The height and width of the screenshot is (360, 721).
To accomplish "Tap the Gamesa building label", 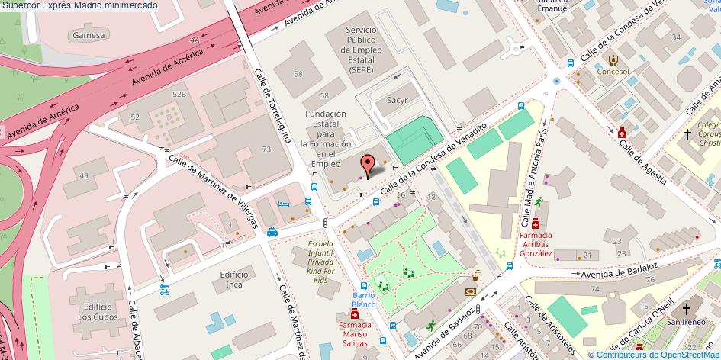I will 89,36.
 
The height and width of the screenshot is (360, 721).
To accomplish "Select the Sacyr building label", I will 398,100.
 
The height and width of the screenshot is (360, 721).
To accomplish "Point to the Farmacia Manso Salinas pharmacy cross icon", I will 354,313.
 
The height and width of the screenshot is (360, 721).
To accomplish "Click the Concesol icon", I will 613,60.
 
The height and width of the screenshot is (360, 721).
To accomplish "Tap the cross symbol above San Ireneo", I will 686,309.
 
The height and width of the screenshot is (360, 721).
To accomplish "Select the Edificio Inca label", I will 234,279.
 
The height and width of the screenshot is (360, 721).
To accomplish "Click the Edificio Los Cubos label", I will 95,311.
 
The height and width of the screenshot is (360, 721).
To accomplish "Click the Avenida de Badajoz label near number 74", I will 619,269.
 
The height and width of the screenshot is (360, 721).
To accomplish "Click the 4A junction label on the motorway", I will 195,38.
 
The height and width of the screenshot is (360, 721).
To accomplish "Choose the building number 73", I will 267,149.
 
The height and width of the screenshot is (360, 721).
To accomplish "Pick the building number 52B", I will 179,94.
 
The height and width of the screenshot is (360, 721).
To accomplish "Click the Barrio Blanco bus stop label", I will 364,299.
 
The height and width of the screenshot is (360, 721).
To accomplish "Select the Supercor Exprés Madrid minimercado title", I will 79,5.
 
